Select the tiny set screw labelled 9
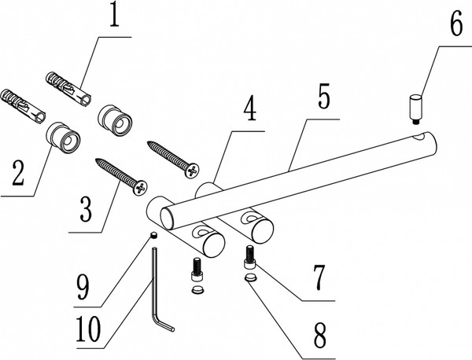pos(155,233)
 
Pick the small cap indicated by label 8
pos(249,277)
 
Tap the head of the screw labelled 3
pos(141,189)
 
